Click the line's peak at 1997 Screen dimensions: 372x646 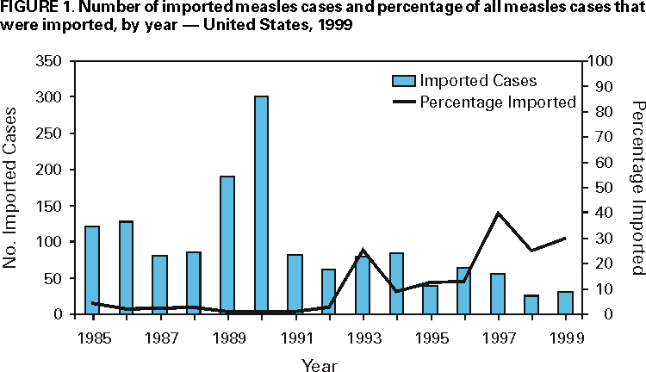pos(498,214)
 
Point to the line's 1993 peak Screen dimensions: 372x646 pos(363,251)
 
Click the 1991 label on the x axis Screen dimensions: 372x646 pos(295,337)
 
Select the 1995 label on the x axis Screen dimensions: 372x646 pos(431,337)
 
